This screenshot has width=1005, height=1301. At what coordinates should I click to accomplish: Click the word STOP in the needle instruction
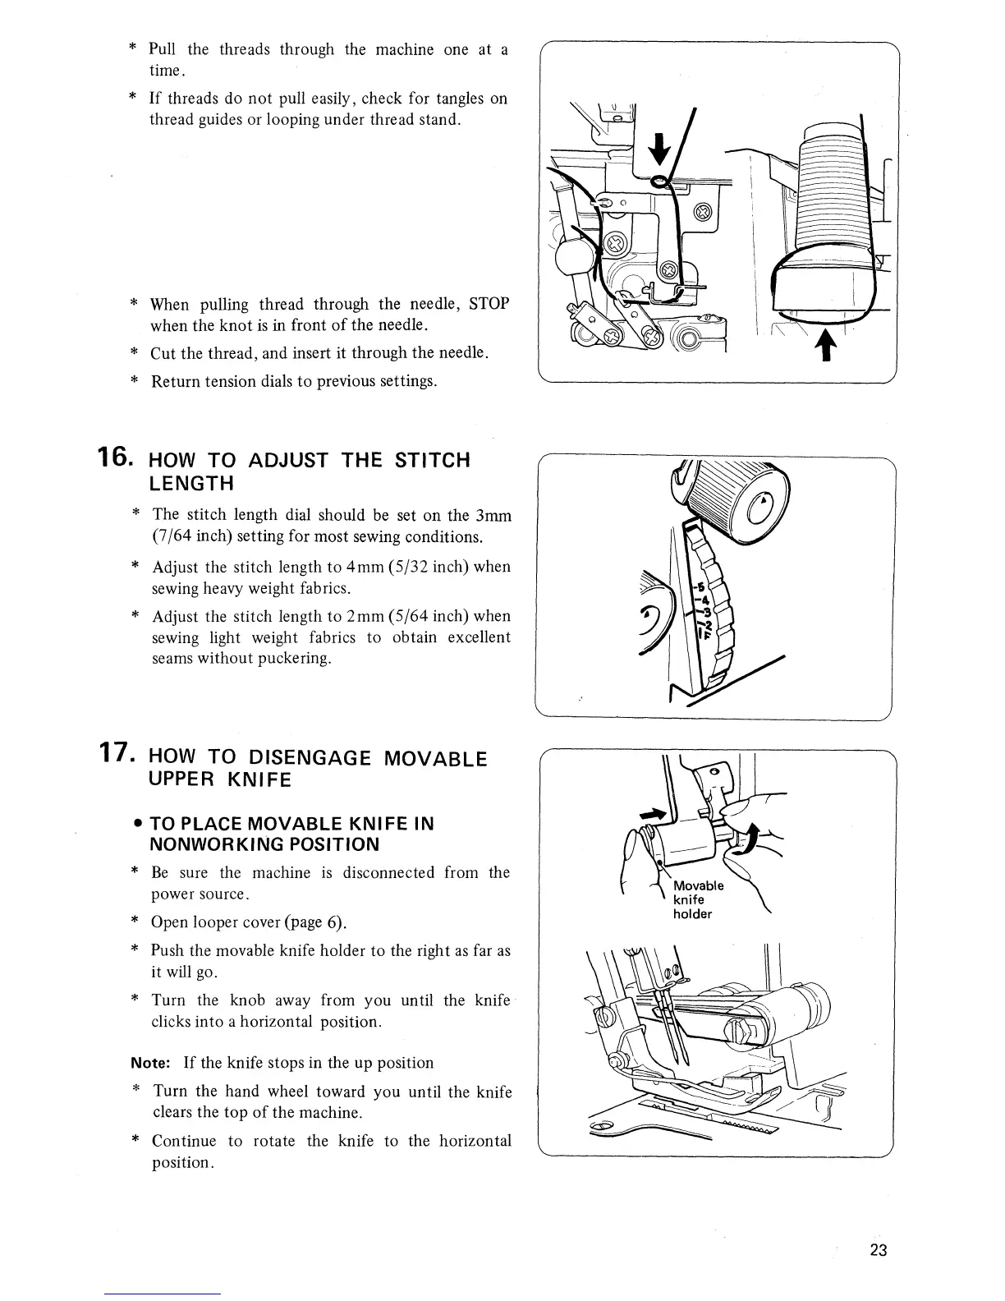489,304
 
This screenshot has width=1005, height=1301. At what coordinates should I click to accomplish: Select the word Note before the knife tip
150,1063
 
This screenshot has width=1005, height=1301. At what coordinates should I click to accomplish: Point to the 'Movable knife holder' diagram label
697,899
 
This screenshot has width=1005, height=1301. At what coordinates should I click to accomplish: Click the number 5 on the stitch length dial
700,587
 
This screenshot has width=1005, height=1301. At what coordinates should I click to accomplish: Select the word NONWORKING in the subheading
207,844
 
